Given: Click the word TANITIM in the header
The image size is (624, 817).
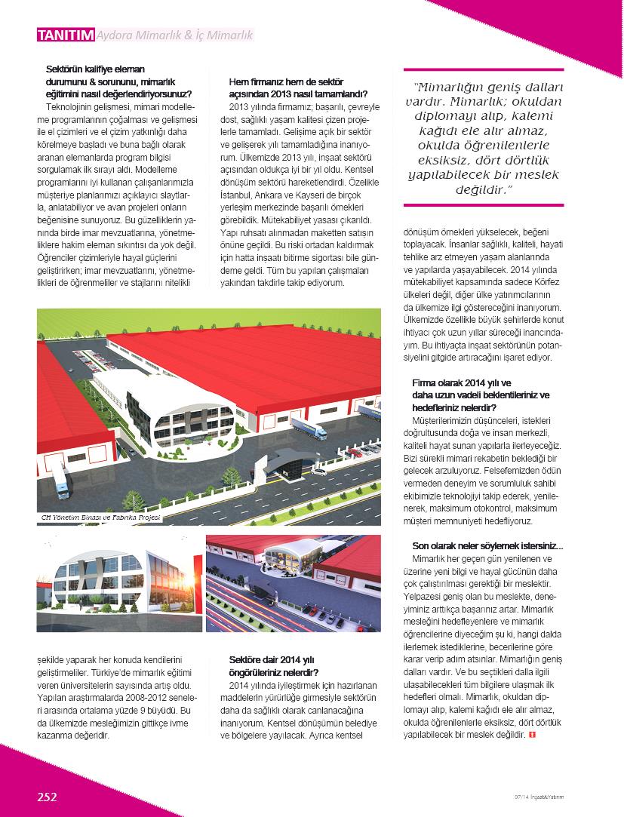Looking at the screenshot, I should [x=66, y=35].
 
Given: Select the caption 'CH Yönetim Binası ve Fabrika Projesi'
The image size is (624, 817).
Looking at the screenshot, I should [x=100, y=518].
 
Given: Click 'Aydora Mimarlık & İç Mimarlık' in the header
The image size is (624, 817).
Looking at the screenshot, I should [x=176, y=35].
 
